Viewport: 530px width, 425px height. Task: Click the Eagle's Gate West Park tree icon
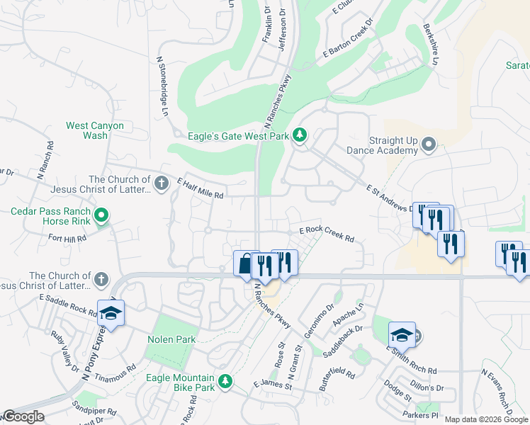click(300, 135)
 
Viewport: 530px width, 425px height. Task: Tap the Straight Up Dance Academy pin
click(428, 145)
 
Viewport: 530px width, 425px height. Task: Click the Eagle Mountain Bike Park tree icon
click(225, 382)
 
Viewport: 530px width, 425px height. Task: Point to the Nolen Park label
click(171, 339)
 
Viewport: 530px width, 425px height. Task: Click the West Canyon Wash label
click(95, 130)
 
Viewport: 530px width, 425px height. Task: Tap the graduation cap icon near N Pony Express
click(111, 313)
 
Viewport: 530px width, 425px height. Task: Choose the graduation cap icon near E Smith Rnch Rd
click(401, 335)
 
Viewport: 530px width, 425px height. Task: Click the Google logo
click(24, 416)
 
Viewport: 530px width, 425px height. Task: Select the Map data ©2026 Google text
click(486, 419)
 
